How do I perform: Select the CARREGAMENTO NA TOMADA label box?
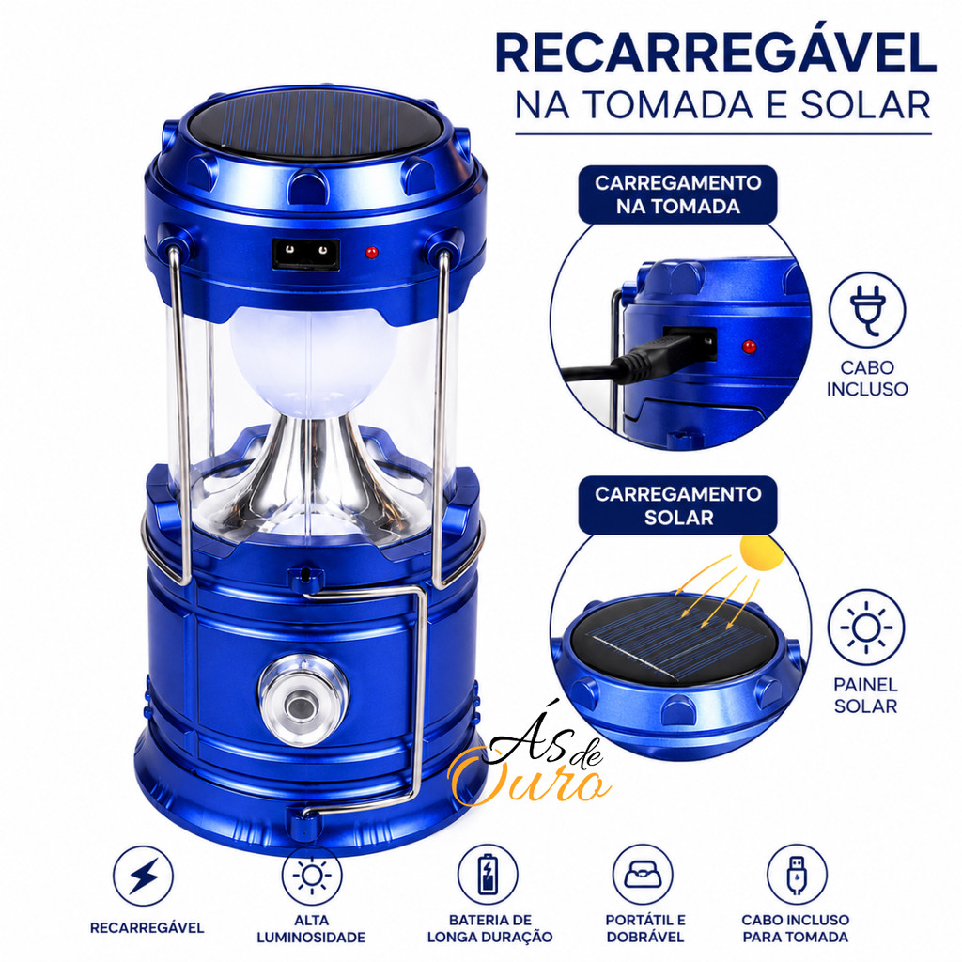[x=677, y=194]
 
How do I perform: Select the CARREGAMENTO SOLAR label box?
[x=677, y=504]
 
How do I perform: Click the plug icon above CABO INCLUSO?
[x=867, y=310]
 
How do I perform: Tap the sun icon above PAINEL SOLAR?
[x=865, y=628]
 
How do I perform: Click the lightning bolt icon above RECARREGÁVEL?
[x=143, y=876]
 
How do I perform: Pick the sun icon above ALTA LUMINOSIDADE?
[x=312, y=876]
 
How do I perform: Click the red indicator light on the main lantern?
[x=371, y=252]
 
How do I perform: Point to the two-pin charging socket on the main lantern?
[x=306, y=254]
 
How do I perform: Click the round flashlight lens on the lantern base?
[x=303, y=699]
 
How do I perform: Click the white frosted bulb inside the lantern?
[x=313, y=362]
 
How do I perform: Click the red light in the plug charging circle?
[x=749, y=347]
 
